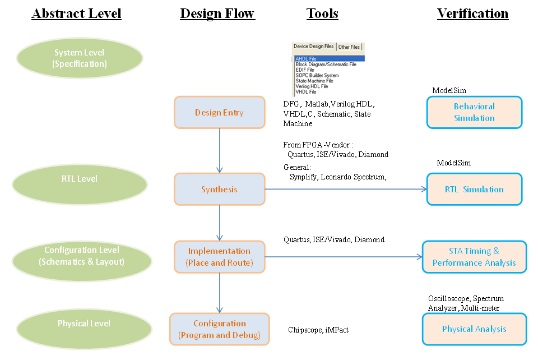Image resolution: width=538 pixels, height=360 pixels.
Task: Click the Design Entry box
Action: tap(219, 113)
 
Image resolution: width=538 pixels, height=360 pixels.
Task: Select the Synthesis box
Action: tap(219, 190)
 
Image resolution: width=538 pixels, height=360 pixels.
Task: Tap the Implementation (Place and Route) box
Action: tap(219, 257)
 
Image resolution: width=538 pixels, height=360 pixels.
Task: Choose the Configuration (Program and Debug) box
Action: tap(219, 329)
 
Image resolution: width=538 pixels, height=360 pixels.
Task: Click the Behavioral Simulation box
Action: tap(474, 112)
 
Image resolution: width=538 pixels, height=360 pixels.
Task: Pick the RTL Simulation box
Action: tap(474, 190)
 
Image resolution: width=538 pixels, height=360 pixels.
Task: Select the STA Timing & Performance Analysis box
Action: tap(474, 257)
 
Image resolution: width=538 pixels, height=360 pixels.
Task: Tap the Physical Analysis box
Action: tap(474, 329)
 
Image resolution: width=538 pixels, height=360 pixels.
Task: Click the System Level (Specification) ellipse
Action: tap(79, 58)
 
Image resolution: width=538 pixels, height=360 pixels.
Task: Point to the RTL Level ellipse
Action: tap(79, 179)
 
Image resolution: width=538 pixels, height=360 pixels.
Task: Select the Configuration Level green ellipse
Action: tap(81, 256)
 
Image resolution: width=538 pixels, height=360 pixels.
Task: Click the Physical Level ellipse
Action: tap(84, 324)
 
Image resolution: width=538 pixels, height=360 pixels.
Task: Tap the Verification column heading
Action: tap(472, 14)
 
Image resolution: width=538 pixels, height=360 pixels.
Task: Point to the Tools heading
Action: tap(322, 14)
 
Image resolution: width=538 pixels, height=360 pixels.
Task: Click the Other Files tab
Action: tap(349, 47)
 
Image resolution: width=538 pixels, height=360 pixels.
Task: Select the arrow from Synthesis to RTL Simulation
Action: tap(345, 189)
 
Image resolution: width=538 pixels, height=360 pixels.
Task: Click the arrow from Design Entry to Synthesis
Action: tap(220, 150)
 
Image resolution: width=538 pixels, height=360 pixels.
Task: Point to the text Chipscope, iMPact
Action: tap(318, 330)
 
